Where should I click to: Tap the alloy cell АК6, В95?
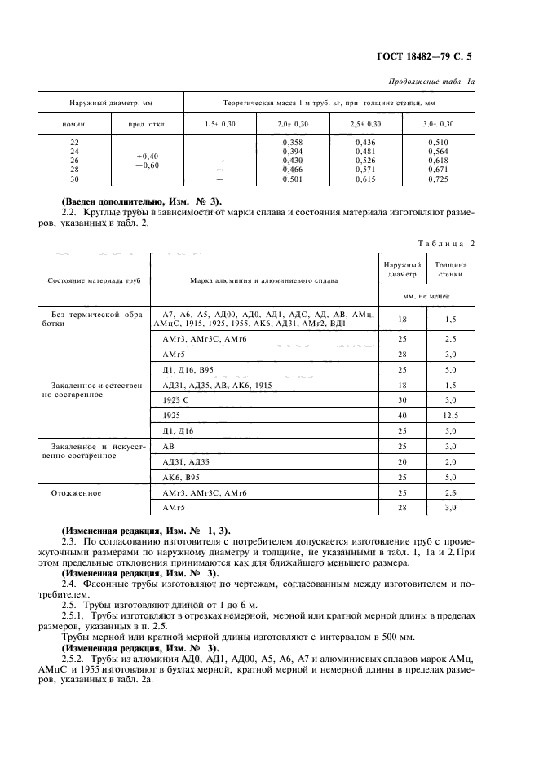(181, 477)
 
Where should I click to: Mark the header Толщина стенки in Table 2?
(449, 270)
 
